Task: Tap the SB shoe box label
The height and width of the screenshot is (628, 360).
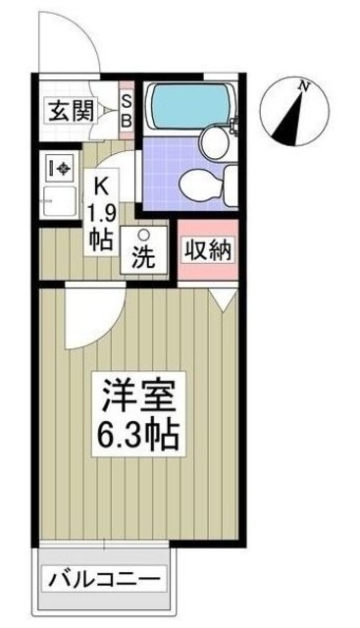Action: click(126, 111)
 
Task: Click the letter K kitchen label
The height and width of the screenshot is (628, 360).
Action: click(100, 183)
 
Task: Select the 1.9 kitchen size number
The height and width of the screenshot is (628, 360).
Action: click(102, 211)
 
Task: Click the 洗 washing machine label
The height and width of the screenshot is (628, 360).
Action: click(143, 261)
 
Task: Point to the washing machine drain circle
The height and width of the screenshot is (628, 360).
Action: click(143, 235)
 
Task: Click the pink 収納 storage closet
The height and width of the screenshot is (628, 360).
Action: click(207, 251)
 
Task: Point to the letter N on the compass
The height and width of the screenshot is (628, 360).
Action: click(305, 85)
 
